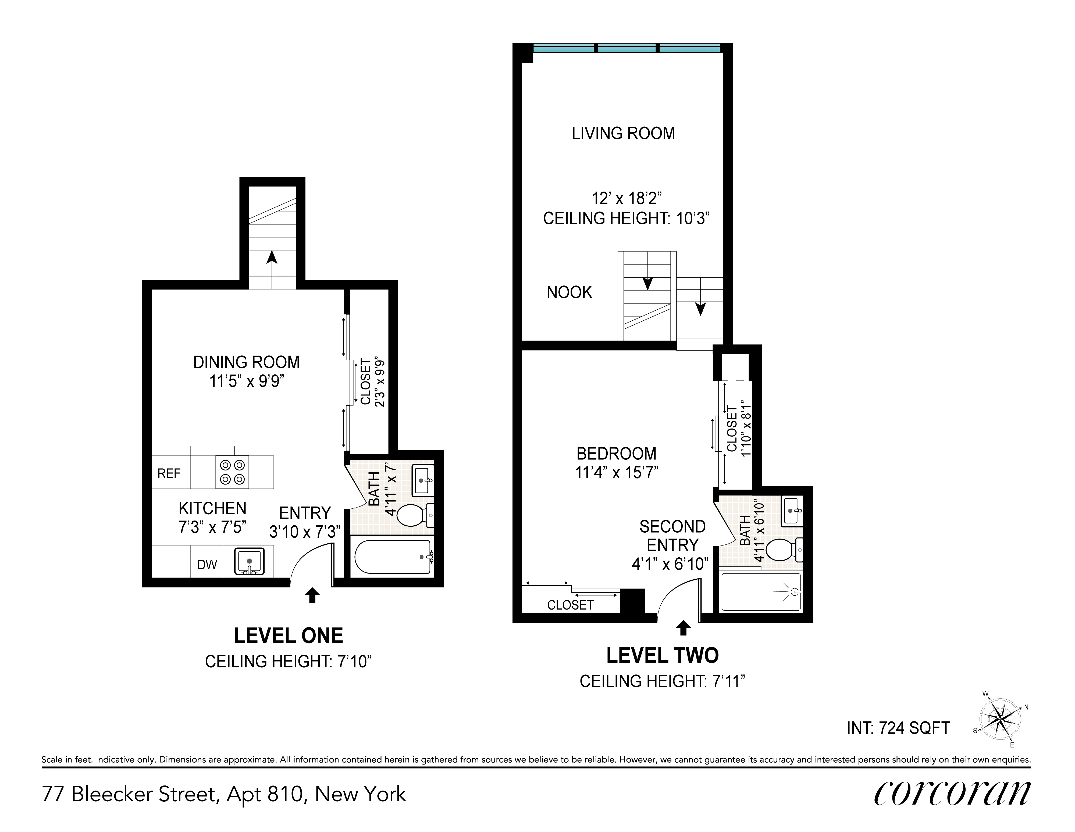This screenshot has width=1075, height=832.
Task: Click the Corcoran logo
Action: (x=952, y=793)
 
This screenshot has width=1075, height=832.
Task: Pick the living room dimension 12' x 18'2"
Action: (x=626, y=199)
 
